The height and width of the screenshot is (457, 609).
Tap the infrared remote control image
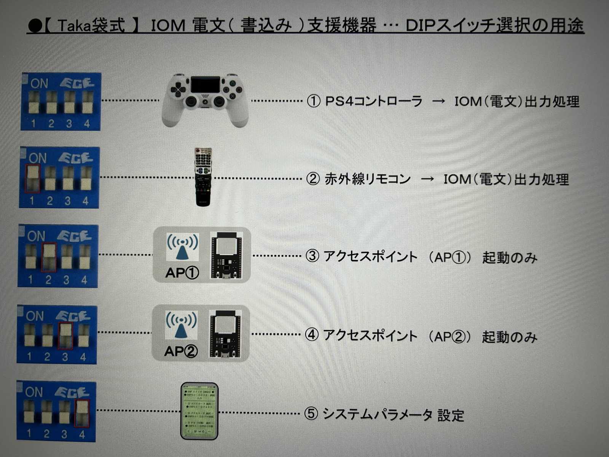(203, 177)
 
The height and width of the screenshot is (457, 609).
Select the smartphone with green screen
(199, 411)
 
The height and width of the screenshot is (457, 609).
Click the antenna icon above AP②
(181, 326)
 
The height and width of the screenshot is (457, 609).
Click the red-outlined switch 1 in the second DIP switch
(32, 178)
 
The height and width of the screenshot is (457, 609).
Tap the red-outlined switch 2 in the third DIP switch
(49, 257)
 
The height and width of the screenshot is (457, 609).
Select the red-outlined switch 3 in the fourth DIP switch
(65, 335)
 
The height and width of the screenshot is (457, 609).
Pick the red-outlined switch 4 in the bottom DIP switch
(82, 413)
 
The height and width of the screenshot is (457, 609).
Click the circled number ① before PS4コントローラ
(314, 101)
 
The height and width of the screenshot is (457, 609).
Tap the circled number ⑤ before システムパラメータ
(311, 414)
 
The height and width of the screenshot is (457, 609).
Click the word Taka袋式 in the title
(91, 26)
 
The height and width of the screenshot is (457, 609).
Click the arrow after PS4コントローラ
(438, 101)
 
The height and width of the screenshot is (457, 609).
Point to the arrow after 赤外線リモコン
(427, 179)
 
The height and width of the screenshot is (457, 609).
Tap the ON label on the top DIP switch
(39, 83)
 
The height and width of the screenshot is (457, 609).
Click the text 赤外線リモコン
(368, 179)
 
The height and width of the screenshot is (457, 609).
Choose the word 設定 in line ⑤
(451, 415)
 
